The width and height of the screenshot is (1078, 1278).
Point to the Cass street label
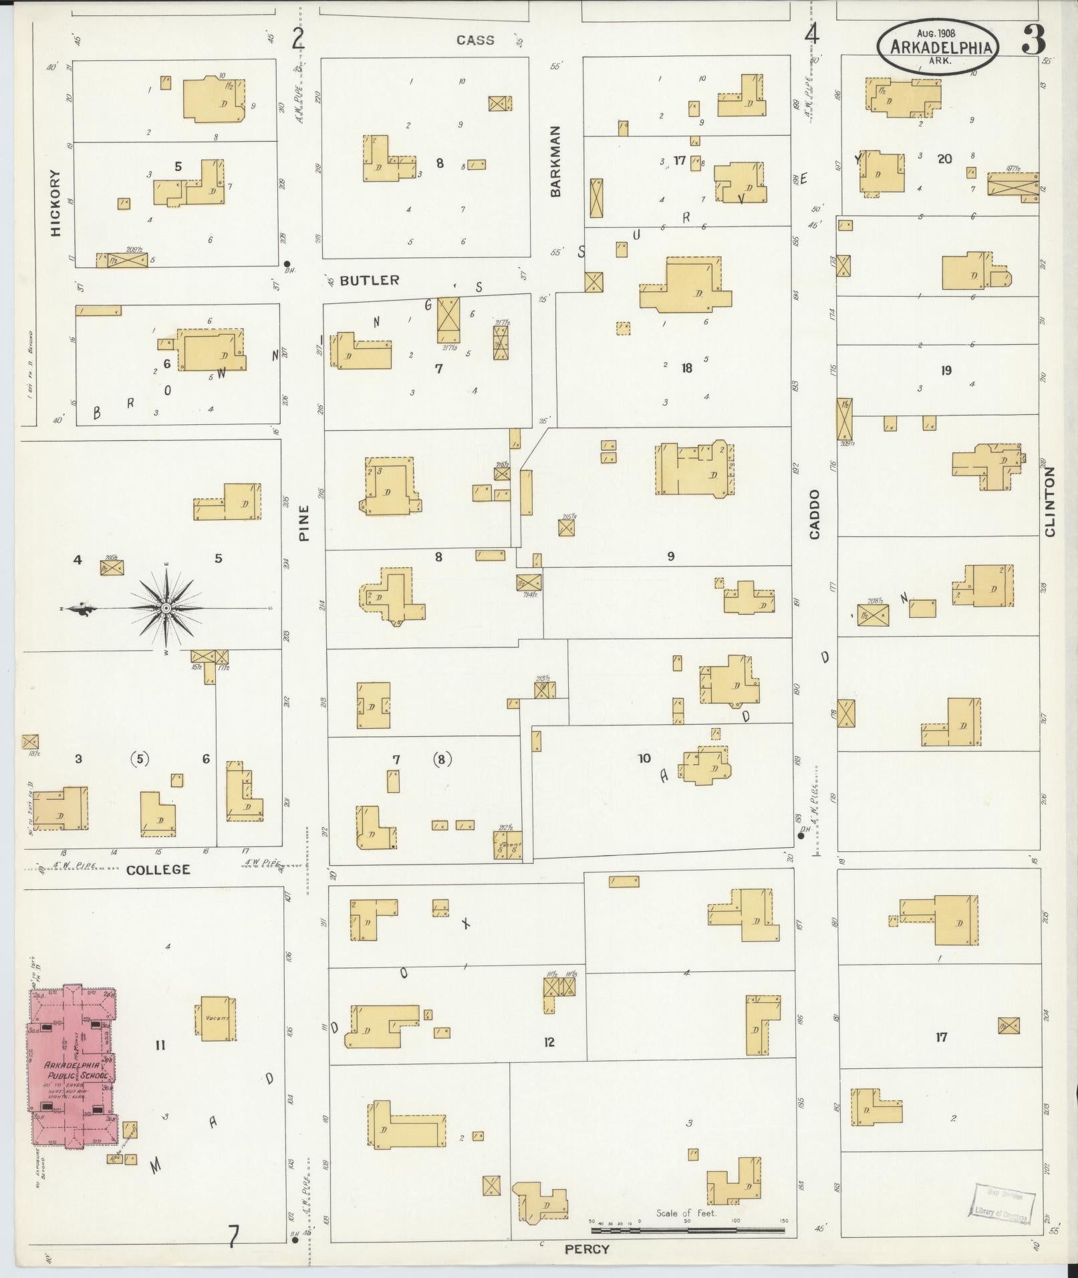[475, 40]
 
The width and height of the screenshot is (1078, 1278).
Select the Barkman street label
[556, 161]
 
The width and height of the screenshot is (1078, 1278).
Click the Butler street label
[370, 280]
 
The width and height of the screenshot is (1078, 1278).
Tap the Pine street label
[304, 522]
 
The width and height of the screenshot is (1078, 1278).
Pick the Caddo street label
[814, 514]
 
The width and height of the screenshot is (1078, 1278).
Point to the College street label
[158, 869]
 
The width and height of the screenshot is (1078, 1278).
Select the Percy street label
[587, 1249]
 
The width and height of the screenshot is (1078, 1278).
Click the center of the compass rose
[166, 607]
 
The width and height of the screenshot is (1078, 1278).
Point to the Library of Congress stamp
[1000, 1205]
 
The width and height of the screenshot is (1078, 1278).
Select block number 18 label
[686, 367]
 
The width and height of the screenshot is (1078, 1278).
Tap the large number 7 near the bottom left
[233, 1237]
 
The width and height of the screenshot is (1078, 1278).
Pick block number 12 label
[549, 1042]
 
